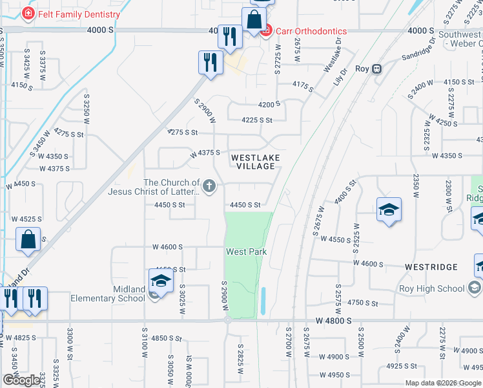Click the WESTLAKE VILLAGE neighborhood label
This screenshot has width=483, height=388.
tap(253, 162)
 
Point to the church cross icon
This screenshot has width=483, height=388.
tap(209, 188)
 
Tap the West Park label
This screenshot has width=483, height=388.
tap(246, 252)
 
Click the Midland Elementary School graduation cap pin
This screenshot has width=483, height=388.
tap(161, 281)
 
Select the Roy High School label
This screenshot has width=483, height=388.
tap(433, 288)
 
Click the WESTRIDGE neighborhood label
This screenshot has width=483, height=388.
tap(431, 267)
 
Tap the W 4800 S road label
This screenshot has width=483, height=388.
tap(334, 320)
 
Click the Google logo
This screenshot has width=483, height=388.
tap(21, 380)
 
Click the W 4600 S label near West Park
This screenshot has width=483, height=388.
tap(168, 247)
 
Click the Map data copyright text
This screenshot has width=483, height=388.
tap(442, 383)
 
